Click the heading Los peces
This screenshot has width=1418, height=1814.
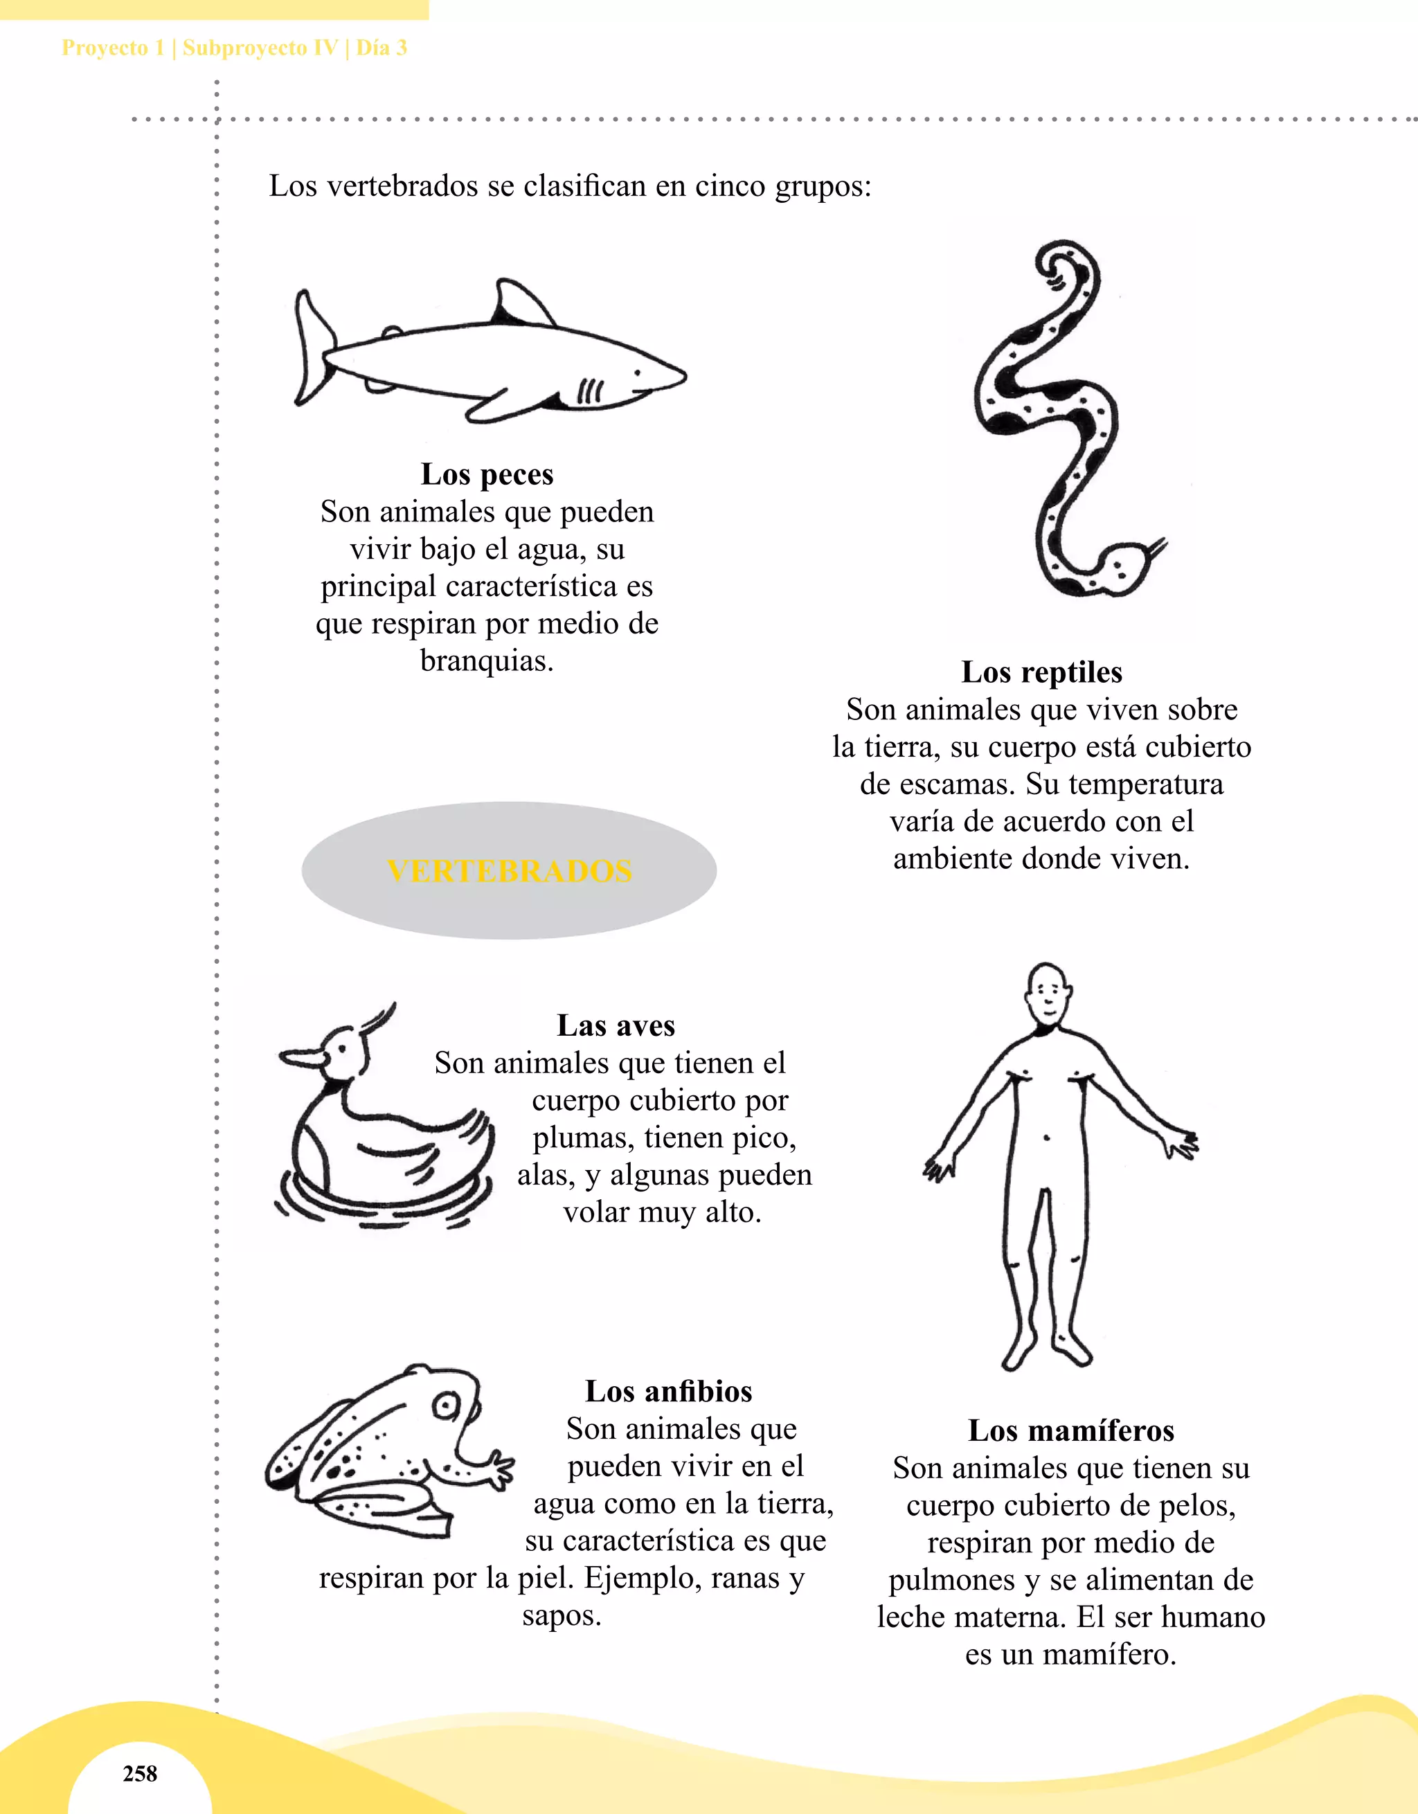coord(487,474)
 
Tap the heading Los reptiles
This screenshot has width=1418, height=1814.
coord(1042,672)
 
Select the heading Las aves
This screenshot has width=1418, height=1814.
coord(616,1026)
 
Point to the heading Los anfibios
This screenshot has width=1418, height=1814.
coord(669,1391)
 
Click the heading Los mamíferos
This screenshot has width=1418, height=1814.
coord(1070,1430)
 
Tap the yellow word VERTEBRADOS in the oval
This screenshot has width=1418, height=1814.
coord(509,870)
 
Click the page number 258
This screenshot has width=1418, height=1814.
coord(140,1773)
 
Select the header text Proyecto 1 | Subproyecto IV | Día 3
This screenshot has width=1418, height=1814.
coord(234,47)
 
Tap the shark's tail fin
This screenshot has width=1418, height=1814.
coord(312,349)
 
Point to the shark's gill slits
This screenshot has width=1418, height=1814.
coord(590,390)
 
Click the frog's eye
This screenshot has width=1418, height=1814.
coord(447,1406)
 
